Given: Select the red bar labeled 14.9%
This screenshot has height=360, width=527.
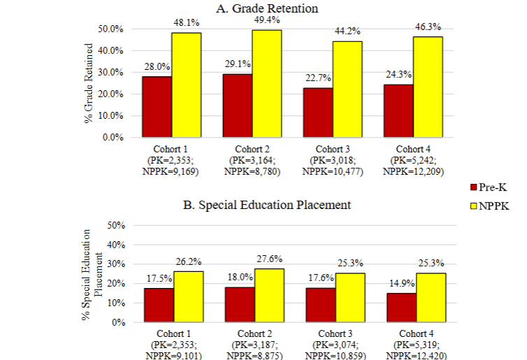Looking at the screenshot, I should [x=400, y=308].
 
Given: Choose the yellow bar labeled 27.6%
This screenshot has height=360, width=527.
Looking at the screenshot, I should [x=268, y=295].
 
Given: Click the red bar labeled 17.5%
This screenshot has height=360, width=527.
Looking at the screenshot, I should [x=159, y=305].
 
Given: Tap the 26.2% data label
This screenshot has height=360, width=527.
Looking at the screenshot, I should [x=187, y=261].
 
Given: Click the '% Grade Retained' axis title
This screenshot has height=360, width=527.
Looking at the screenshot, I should [x=89, y=82].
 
